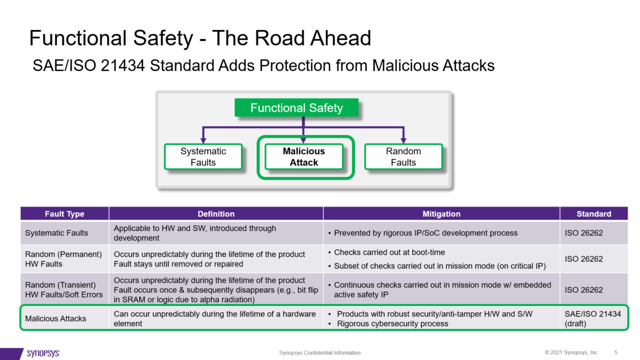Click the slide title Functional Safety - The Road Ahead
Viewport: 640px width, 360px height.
tap(200, 38)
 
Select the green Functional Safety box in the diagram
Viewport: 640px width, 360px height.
tap(297, 108)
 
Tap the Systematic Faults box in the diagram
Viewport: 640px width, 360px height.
tap(203, 157)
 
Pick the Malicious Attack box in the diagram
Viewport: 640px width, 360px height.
tap(303, 157)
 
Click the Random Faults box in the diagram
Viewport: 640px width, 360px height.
tap(403, 157)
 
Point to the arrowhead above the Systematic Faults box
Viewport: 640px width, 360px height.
tap(203, 140)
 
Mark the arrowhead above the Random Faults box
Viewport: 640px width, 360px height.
tap(403, 140)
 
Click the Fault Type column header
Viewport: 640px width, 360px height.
tap(65, 214)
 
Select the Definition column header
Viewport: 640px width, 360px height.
tap(216, 214)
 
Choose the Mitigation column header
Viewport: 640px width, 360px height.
tap(441, 214)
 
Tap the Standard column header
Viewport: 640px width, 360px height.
tap(594, 214)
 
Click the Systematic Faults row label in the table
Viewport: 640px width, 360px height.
tap(57, 233)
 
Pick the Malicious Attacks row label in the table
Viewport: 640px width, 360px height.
tap(55, 318)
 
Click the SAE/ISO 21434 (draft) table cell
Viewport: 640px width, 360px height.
tap(593, 318)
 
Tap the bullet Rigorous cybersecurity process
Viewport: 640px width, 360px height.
tap(393, 324)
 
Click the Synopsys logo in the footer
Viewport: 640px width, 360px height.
tap(43, 353)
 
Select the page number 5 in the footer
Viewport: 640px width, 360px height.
tap(616, 353)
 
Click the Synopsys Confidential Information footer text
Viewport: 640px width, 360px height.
tap(320, 353)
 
